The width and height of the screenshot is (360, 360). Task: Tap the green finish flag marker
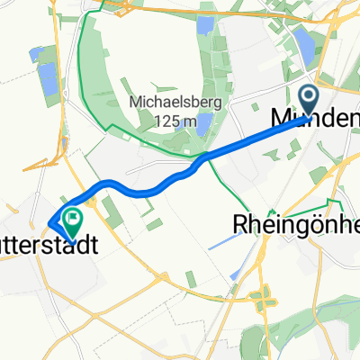coord(69,217)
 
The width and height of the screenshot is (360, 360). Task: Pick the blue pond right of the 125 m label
coord(204,122)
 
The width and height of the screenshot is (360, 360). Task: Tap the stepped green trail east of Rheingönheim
coord(335,205)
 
